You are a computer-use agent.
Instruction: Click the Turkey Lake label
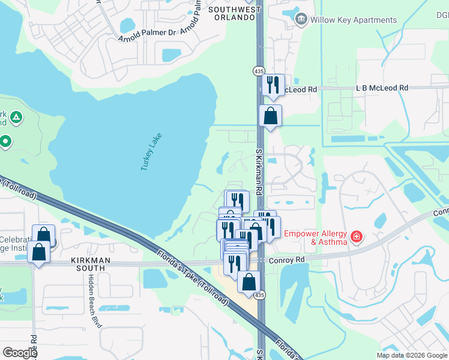pyautogui.click(x=151, y=151)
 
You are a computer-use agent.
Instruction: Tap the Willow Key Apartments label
pyautogui.click(x=353, y=20)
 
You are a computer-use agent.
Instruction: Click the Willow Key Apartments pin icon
pyautogui.click(x=301, y=20)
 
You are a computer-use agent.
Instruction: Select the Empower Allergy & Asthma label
pyautogui.click(x=316, y=238)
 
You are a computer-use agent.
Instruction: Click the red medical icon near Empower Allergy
pyautogui.click(x=357, y=236)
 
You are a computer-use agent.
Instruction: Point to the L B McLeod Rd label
pyautogui.click(x=382, y=88)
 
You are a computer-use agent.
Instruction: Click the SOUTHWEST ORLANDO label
pyautogui.click(x=235, y=13)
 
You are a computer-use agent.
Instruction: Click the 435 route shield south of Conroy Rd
pyautogui.click(x=259, y=295)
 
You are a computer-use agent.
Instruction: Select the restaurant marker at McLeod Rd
pyautogui.click(x=273, y=84)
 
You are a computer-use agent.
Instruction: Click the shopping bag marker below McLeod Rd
pyautogui.click(x=271, y=115)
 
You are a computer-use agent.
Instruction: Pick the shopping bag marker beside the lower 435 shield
pyautogui.click(x=249, y=281)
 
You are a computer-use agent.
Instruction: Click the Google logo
pyautogui.click(x=20, y=353)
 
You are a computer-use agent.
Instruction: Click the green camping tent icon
pyautogui.click(x=17, y=116)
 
